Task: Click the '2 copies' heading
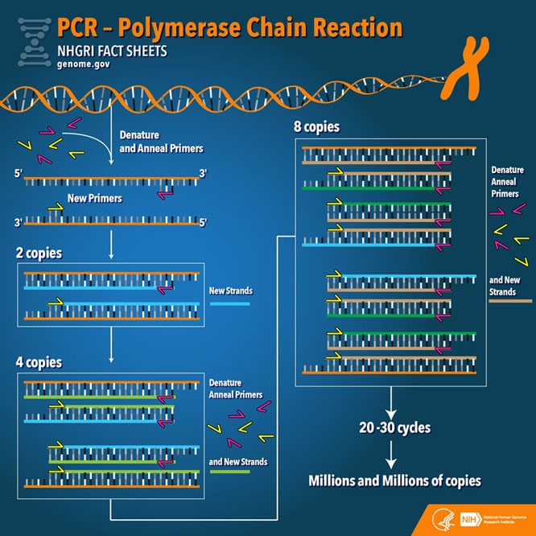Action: (39, 254)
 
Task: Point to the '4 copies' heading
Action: (39, 361)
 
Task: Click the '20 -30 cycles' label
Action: (394, 427)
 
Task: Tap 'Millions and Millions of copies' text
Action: (394, 480)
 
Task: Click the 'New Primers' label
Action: (94, 198)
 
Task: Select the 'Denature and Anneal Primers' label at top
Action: (161, 141)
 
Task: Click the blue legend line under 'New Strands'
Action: (230, 305)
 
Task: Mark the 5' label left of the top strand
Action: (19, 173)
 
